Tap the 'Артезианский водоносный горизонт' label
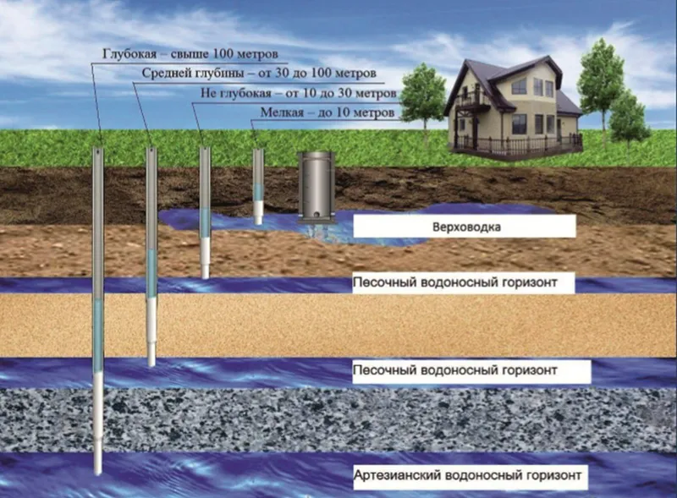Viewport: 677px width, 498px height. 467,475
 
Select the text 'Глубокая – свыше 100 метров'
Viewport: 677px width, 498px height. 190,54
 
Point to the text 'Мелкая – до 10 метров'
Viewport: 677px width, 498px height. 327,112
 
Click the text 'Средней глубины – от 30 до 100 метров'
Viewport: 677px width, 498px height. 259,73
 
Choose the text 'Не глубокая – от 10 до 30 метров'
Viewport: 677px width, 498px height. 299,93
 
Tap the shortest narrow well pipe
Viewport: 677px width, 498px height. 258,186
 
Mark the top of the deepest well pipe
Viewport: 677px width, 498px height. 98,150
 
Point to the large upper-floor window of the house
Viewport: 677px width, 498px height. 521,88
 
